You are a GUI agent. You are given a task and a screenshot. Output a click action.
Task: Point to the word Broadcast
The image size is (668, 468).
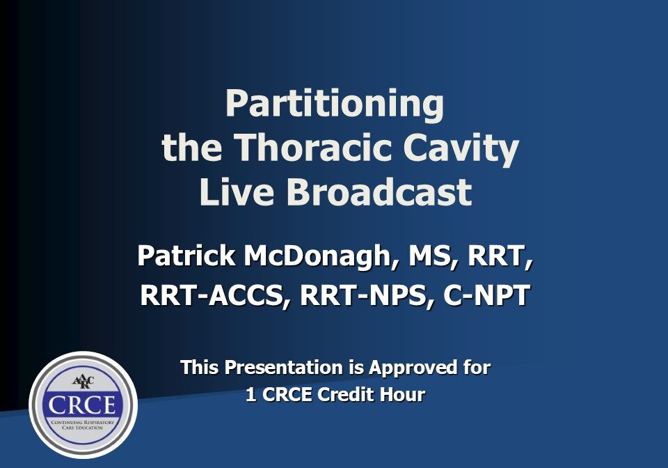379,192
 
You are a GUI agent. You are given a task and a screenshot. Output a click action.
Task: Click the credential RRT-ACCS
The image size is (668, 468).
215,295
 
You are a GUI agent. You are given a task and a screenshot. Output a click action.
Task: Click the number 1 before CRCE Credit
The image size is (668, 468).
250,395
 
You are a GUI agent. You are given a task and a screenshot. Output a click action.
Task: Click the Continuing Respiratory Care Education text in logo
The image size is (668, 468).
83,425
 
